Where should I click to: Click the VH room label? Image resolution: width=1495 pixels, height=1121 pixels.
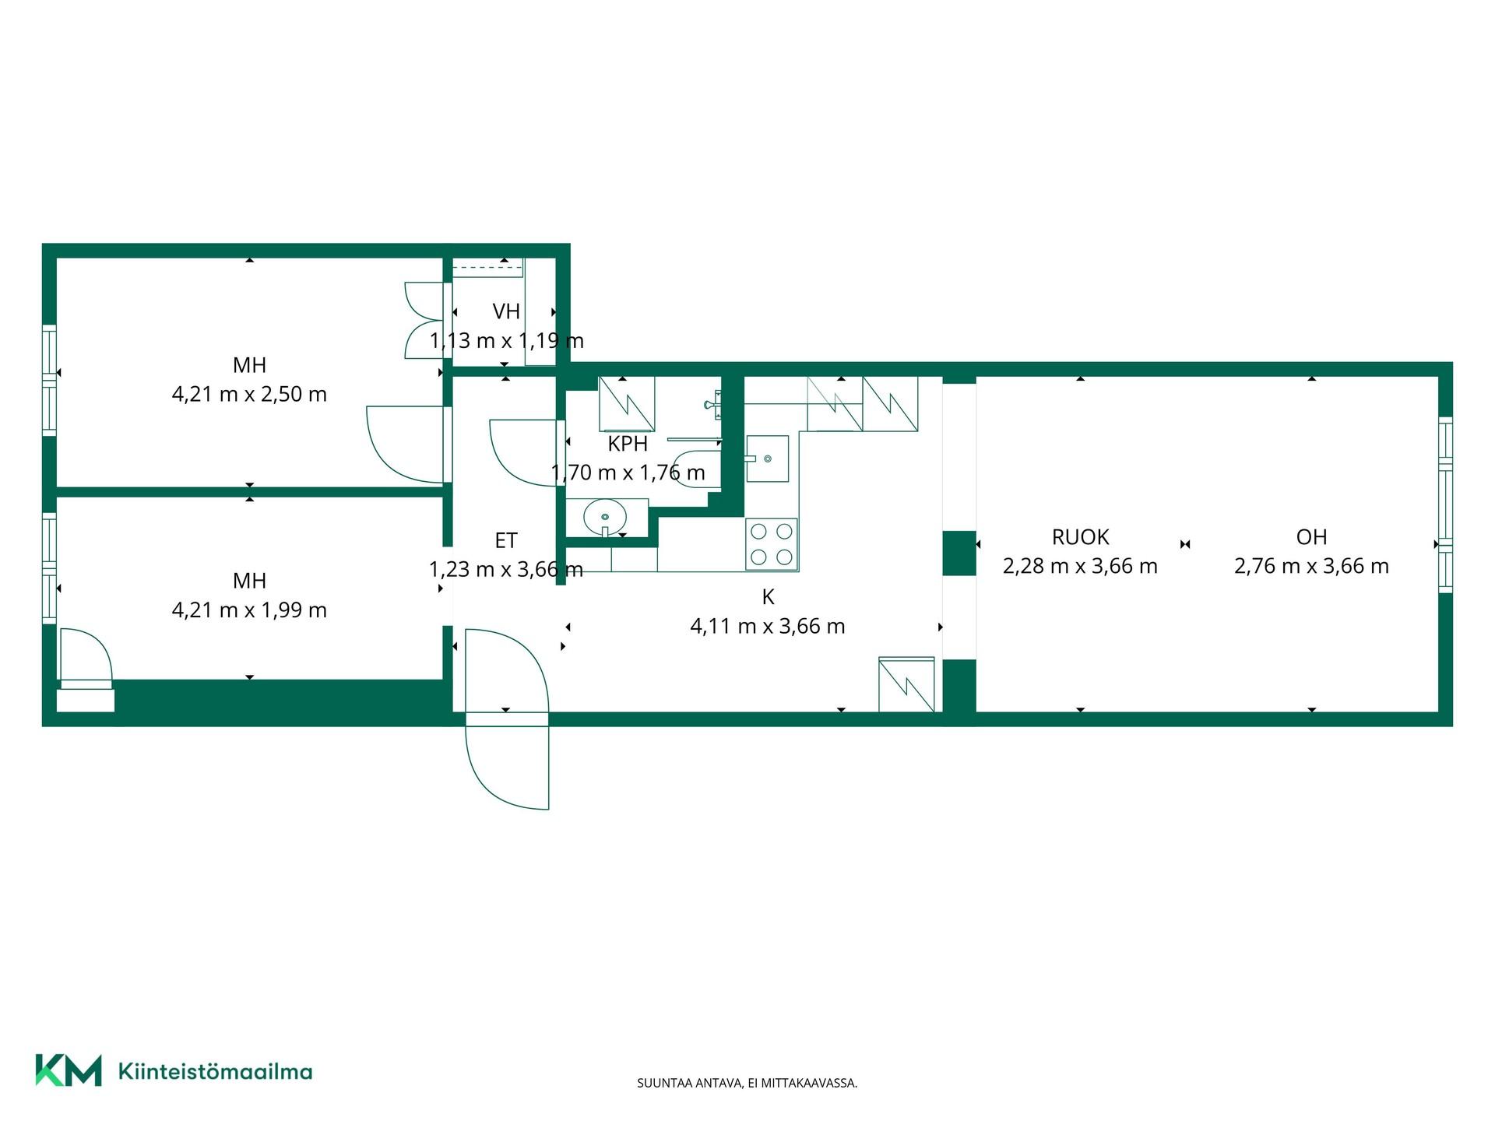click(x=506, y=311)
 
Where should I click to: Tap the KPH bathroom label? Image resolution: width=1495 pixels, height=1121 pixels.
click(x=628, y=444)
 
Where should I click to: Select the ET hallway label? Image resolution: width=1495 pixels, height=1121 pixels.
click(x=506, y=540)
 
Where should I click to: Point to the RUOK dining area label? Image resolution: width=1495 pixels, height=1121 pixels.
click(x=1080, y=536)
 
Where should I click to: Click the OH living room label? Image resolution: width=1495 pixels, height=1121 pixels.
click(x=1311, y=536)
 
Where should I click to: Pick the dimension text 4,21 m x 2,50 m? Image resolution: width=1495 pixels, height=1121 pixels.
click(x=249, y=394)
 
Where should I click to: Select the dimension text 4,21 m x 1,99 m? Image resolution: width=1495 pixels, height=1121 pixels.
click(x=249, y=610)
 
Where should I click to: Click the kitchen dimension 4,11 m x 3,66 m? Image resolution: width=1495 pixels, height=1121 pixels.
click(x=768, y=626)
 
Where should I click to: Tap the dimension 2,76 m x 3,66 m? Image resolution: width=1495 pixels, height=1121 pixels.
click(x=1311, y=566)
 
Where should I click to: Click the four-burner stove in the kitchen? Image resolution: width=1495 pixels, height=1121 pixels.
click(x=772, y=544)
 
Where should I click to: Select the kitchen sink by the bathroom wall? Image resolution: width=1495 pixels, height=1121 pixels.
click(x=767, y=459)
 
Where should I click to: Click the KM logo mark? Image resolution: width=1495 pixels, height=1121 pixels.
click(x=69, y=1070)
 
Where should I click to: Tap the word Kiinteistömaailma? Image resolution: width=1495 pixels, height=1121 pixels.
click(x=215, y=1071)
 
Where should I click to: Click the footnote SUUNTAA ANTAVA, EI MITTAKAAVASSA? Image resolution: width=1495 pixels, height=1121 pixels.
click(x=747, y=1083)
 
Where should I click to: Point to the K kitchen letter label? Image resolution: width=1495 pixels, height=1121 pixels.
click(x=768, y=597)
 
